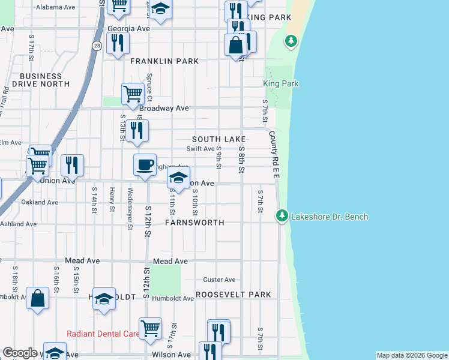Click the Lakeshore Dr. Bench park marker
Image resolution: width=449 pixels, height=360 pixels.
[282, 215]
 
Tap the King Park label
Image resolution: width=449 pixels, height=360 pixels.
[281, 84]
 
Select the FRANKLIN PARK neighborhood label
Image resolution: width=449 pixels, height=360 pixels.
[155, 61]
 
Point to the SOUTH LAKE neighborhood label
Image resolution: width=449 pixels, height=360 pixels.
[220, 139]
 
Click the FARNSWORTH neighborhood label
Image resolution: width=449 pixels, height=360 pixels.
[194, 223]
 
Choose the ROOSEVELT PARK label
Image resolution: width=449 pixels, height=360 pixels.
[234, 295]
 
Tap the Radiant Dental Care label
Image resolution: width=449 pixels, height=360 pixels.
[103, 334]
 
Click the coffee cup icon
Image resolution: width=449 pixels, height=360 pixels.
[144, 165]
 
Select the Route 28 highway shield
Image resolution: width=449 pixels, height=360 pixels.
[97, 46]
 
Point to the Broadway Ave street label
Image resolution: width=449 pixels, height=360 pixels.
[164, 109]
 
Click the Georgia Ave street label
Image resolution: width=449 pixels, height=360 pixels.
[128, 28]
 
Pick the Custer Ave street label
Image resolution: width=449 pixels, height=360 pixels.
[219, 280]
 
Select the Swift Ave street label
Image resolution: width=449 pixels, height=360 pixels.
[200, 149]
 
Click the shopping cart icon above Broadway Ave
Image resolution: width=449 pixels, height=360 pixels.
[133, 94]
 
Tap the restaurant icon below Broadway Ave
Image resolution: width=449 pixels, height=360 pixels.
[137, 130]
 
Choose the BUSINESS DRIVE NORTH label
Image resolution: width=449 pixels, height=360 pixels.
[41, 80]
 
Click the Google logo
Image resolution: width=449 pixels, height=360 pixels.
[20, 353]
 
